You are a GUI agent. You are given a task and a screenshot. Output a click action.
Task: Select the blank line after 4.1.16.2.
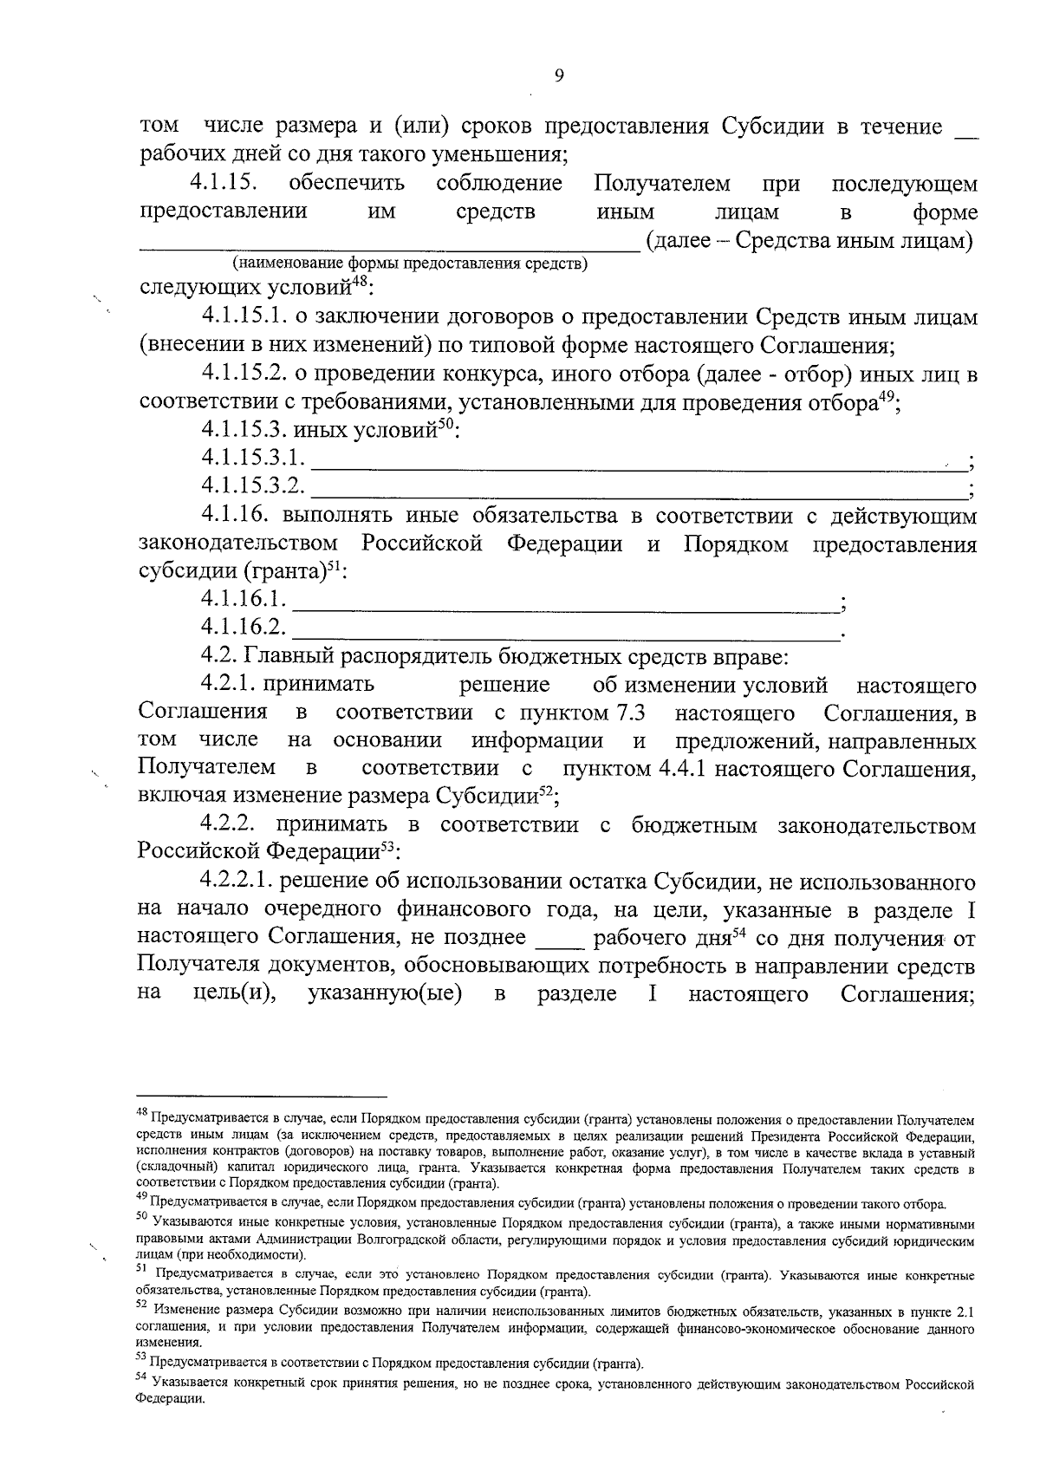click(x=568, y=628)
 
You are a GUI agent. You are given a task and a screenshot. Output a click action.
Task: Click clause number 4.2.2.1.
click(x=237, y=882)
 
